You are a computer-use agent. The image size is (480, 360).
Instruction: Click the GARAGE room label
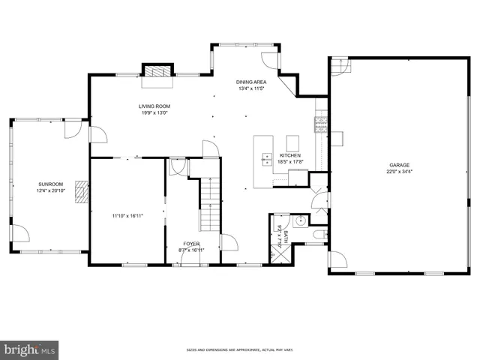399,165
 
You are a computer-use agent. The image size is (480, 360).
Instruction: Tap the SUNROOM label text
51,184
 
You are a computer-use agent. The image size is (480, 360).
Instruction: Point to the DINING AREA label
250,82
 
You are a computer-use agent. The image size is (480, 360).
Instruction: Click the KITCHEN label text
290,155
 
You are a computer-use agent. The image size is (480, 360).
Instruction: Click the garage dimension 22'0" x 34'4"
399,172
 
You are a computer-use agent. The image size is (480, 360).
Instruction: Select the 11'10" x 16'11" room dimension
127,216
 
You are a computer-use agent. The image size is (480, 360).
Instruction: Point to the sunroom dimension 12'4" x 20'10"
51,190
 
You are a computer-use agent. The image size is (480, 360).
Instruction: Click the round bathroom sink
299,220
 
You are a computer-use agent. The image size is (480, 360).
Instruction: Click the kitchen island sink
267,158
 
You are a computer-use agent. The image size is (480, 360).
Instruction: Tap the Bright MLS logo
30,349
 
